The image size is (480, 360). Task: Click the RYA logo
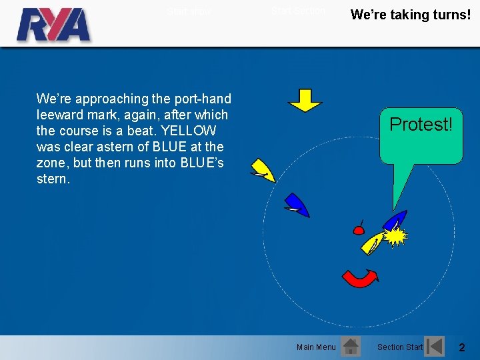(x=53, y=25)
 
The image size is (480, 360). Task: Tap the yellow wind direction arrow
(x=305, y=100)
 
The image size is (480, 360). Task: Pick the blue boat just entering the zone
(x=295, y=205)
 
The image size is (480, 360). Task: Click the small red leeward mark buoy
(x=358, y=231)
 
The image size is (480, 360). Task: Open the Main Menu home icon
(x=350, y=346)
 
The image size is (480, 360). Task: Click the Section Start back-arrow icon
(x=435, y=346)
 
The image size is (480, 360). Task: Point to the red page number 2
(x=461, y=347)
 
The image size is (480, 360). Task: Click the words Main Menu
(x=316, y=347)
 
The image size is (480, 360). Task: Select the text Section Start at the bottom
(x=399, y=347)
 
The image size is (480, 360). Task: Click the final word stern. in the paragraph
(x=53, y=179)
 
